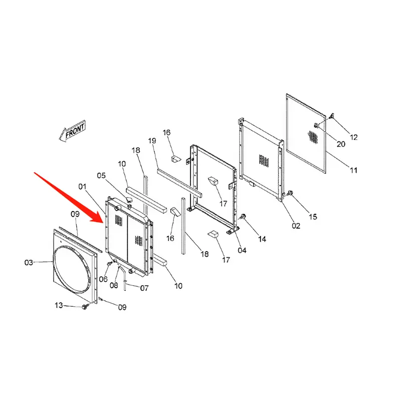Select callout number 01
[83, 187]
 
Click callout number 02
[296, 226]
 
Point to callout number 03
[30, 262]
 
